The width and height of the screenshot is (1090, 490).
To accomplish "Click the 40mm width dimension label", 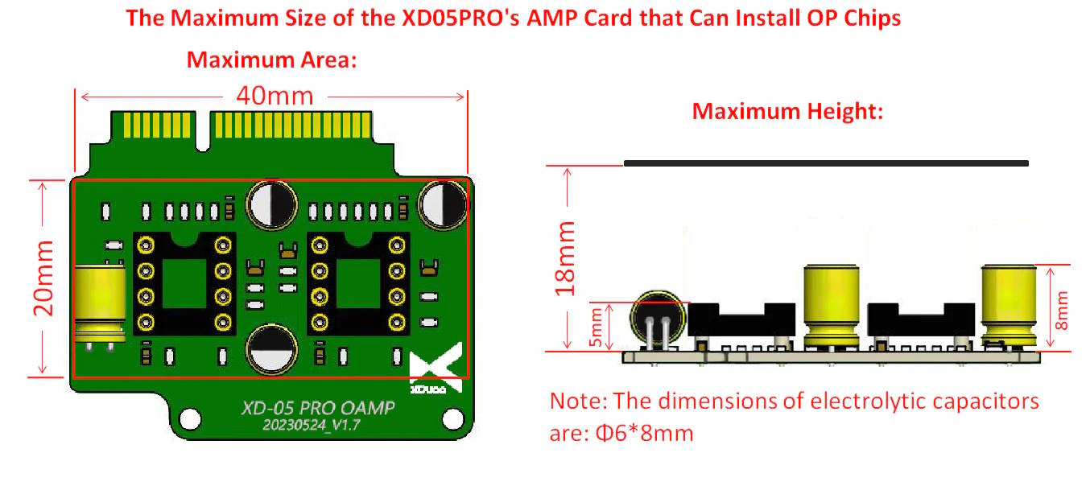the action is [275, 96].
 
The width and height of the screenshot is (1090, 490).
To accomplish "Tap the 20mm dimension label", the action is [43, 278].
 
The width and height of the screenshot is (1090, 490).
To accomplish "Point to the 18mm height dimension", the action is [565, 258].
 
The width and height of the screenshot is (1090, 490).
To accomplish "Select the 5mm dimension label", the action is [596, 327].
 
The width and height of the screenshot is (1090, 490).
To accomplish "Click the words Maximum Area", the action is [271, 60].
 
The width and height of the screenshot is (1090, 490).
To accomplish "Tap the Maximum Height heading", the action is [787, 111].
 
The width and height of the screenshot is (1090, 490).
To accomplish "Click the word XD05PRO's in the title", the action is [460, 18].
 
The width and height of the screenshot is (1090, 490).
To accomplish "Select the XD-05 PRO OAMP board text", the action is [318, 408].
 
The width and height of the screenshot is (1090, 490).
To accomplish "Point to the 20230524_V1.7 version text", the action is [312, 426].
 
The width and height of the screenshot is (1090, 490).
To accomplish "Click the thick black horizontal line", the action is [826, 163].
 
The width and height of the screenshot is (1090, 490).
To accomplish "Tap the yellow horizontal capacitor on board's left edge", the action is [100, 303].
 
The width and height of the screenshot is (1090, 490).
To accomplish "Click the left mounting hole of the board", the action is [190, 419].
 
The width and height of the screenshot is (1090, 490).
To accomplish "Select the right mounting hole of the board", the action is [453, 419].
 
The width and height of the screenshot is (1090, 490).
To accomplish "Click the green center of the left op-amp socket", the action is [184, 283].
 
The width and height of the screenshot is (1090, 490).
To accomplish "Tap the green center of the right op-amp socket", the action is [358, 283].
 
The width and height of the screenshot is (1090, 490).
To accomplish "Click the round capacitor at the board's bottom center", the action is [271, 349].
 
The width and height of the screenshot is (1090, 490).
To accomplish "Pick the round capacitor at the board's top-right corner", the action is [444, 204].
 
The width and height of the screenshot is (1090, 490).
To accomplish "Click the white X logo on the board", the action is [436, 365].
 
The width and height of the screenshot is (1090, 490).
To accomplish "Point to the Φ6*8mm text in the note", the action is [645, 433].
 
